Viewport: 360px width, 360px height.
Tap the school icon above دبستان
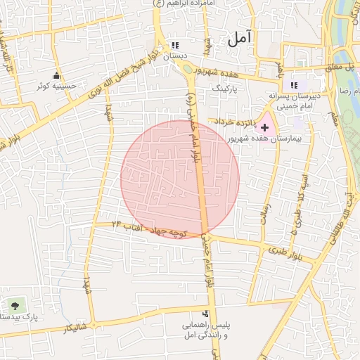175,44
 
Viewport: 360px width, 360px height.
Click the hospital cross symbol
264,127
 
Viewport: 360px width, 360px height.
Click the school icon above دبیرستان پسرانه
294,84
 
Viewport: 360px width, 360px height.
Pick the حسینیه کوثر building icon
56,76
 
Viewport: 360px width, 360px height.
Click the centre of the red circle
180,179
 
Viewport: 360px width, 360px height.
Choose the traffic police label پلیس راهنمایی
205,327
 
